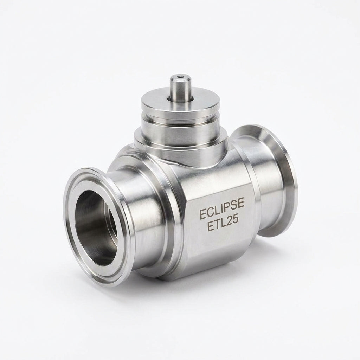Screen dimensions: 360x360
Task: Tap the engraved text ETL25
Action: tap(223, 224)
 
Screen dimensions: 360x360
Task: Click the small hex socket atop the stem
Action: tap(180, 78)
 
